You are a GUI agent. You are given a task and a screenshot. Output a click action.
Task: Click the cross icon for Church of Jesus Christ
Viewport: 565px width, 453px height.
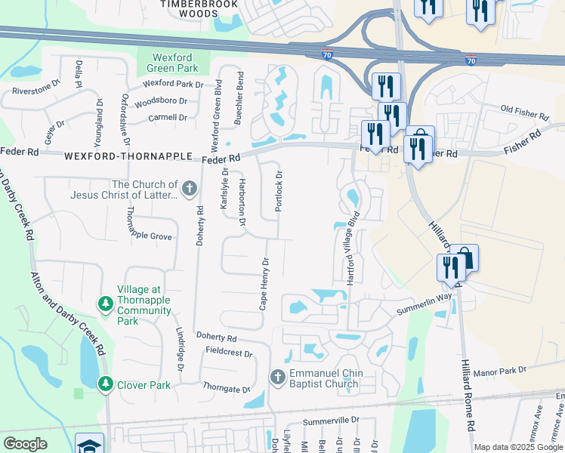[190, 187]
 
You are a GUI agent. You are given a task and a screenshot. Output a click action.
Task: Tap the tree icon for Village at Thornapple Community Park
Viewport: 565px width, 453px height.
[106, 304]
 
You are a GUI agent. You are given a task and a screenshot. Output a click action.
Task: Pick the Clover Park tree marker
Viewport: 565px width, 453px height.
[106, 384]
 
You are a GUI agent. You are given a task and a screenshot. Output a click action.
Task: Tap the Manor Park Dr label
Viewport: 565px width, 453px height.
[517, 371]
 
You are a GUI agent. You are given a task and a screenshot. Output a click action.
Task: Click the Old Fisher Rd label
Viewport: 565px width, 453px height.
[524, 113]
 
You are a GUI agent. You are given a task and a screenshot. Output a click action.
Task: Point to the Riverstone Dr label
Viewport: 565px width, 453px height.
[36, 91]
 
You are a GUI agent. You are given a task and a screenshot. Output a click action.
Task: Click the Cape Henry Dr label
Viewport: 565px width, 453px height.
[264, 274]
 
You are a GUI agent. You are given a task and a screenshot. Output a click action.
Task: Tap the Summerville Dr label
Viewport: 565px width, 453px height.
[329, 421]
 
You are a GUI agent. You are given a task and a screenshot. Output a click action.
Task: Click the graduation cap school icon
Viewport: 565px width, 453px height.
[89, 445]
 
